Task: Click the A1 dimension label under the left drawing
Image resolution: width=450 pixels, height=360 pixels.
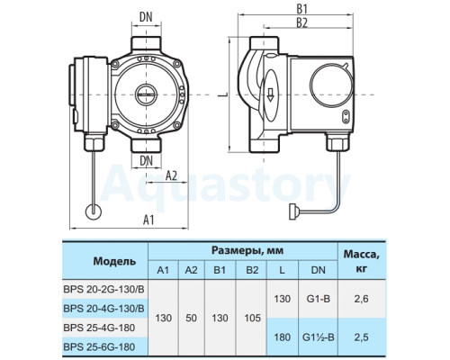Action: [148, 220]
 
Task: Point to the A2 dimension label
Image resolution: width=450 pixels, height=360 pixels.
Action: [171, 175]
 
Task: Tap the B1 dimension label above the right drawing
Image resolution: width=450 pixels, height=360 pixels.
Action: [302, 10]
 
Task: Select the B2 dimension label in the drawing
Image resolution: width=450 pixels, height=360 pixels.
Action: [302, 23]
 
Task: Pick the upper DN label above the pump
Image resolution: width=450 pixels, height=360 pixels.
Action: [146, 18]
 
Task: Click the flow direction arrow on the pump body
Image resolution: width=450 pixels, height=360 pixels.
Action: [270, 94]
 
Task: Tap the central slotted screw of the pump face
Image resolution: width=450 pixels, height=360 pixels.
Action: [146, 94]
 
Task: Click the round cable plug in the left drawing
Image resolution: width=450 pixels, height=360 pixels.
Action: [94, 211]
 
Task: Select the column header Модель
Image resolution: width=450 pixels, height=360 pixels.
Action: [114, 261]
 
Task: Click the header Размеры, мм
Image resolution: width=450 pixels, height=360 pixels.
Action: [247, 250]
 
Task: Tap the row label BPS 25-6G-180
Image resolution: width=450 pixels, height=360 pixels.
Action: [99, 347]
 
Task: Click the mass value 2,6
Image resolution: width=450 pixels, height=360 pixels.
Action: [361, 299]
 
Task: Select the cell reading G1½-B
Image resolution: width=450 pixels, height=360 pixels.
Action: [319, 337]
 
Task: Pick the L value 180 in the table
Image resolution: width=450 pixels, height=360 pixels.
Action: [283, 337]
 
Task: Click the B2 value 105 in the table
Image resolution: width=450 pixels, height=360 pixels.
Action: [252, 318]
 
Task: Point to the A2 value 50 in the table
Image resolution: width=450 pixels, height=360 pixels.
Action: [191, 318]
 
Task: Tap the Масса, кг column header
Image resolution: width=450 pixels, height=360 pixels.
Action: [361, 261]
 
